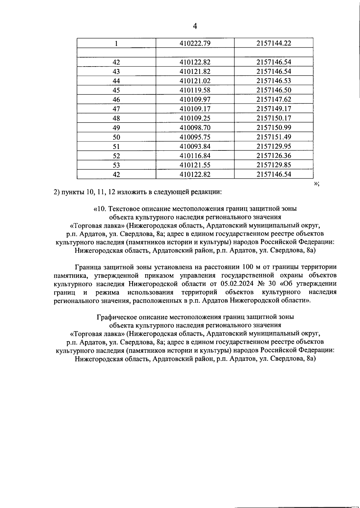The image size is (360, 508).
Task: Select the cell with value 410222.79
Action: (x=195, y=43)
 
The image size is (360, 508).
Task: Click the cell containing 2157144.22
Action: (x=274, y=43)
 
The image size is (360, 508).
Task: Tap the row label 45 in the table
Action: (x=116, y=90)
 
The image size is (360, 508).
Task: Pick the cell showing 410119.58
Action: (x=195, y=90)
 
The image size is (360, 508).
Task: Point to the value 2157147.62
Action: (x=274, y=100)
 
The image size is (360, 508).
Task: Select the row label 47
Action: (x=116, y=109)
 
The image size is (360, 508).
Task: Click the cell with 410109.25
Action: (x=195, y=118)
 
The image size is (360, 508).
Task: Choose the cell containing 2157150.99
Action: (x=274, y=128)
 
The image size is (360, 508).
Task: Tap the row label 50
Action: (x=116, y=137)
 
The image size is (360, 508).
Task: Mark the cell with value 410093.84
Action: (x=195, y=147)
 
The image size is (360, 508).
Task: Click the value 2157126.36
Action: (x=274, y=156)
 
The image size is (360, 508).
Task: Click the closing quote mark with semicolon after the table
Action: (x=316, y=184)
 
